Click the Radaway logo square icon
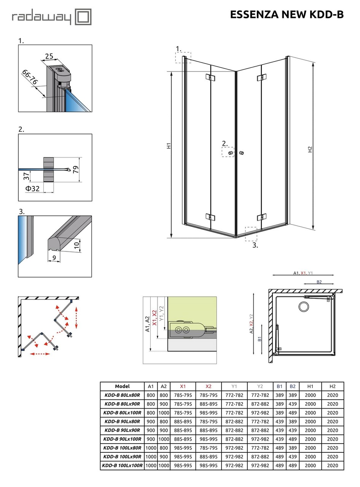pos(83,17)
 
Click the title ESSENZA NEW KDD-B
pos(287,14)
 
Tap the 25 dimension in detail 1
pos(49,57)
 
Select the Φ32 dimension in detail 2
pos(32,188)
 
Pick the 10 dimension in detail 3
pos(77,245)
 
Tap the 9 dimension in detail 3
pos(54,258)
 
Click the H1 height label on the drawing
pos(169,146)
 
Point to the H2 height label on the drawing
pos(310,150)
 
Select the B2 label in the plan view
pos(319,282)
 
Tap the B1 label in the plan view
pos(260,339)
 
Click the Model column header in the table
pos(122,386)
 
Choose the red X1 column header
pos(183,386)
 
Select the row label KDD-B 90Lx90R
pos(122,430)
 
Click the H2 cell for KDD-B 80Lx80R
pos(332,395)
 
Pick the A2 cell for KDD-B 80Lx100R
pos(164,413)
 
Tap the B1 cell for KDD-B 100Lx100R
pos(279,465)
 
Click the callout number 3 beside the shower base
pos(255,245)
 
